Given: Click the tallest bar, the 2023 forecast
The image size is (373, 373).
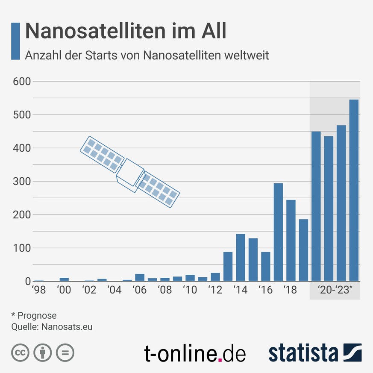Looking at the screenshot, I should tap(354, 190).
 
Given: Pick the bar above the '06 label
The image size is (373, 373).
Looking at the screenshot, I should tap(140, 277).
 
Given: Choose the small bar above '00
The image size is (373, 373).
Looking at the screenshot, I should tap(64, 279).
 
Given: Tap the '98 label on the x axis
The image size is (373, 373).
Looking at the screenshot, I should tap(39, 291).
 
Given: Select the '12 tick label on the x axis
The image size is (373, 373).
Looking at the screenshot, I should tap(215, 291).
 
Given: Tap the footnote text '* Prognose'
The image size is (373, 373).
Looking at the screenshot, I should tap(34, 316).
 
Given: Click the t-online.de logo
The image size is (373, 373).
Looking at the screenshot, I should tap(195, 354).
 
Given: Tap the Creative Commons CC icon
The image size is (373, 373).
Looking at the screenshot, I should tap(19, 353).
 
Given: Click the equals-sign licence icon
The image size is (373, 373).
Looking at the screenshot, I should tap(65, 353).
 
